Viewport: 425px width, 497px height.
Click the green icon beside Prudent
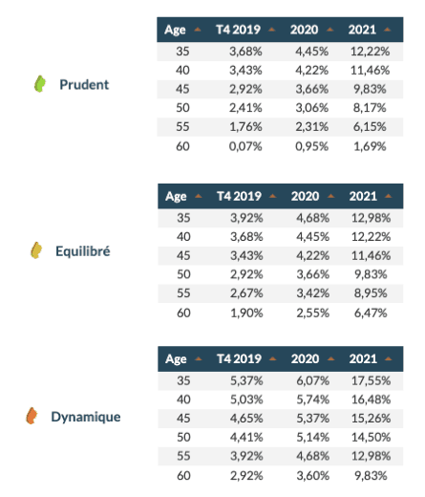point(39,84)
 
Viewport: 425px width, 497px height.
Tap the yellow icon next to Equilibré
point(35,250)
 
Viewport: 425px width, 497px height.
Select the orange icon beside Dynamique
point(32,416)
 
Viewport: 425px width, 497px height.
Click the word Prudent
point(84,84)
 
